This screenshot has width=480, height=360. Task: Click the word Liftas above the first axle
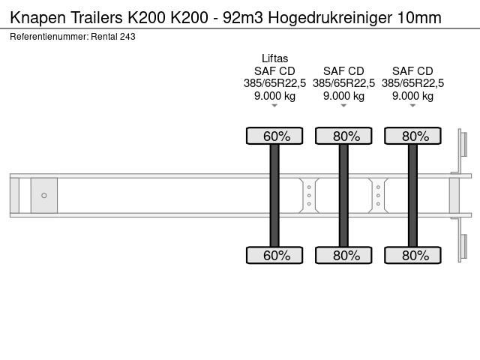274,58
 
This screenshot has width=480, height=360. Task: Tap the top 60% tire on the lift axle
274,136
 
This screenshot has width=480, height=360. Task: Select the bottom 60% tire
274,255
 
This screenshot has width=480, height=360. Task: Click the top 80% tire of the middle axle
343,136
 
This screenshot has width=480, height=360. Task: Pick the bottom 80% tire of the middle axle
343,255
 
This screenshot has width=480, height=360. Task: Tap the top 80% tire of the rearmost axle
412,136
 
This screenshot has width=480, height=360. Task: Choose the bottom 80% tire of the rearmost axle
412,255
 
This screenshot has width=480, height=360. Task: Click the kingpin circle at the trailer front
44,195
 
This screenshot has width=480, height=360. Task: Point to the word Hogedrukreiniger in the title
330,18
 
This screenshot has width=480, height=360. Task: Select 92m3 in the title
243,18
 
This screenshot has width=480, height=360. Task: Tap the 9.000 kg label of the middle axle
343,96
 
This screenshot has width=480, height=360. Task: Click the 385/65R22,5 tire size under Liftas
274,83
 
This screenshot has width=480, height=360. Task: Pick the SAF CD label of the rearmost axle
412,71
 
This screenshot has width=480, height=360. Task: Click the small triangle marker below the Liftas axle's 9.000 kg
274,106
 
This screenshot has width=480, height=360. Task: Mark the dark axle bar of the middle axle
343,195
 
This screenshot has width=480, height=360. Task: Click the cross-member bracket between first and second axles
309,195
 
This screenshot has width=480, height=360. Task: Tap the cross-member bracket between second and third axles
378,195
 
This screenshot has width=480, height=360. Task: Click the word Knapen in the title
38,18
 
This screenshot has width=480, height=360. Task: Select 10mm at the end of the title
419,18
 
